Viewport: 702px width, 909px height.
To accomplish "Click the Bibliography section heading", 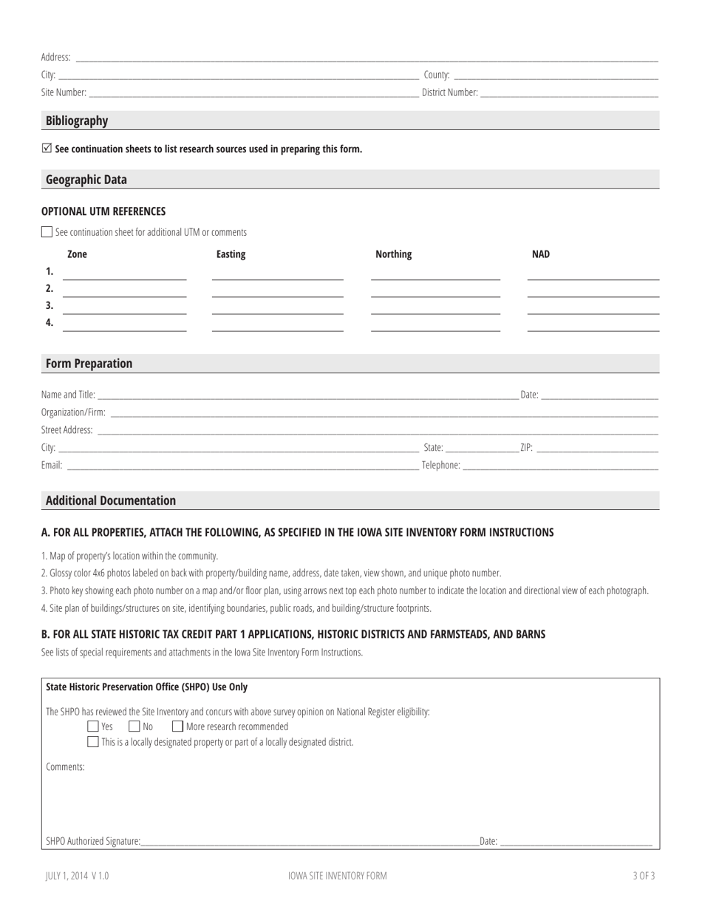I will tap(77, 120).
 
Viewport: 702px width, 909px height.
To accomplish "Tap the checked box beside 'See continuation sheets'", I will tap(47, 149).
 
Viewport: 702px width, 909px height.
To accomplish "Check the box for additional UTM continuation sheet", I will tap(47, 232).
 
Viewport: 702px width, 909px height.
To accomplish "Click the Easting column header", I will tap(231, 254).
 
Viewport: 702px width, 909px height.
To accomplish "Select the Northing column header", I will tap(393, 254).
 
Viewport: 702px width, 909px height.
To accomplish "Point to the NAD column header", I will tap(541, 254).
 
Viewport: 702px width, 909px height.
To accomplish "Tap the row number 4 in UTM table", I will tap(50, 322).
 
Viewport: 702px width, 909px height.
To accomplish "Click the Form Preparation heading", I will tap(89, 364).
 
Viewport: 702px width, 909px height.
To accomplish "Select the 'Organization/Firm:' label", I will tap(73, 412).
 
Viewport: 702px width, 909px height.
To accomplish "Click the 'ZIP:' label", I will tap(526, 448).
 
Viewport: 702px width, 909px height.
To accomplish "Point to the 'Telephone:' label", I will tap(440, 466).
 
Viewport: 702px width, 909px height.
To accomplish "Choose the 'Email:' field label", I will tap(52, 466).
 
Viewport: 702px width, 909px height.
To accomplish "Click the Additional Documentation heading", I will tap(111, 500).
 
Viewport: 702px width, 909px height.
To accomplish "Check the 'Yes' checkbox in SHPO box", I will tap(92, 727).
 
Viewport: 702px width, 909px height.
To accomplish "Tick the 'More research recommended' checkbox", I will tap(177, 727).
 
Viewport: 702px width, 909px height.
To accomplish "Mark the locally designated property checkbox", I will tap(92, 742).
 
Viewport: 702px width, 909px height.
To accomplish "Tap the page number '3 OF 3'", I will tap(644, 876).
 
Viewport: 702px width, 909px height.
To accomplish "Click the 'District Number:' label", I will tap(449, 93).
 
